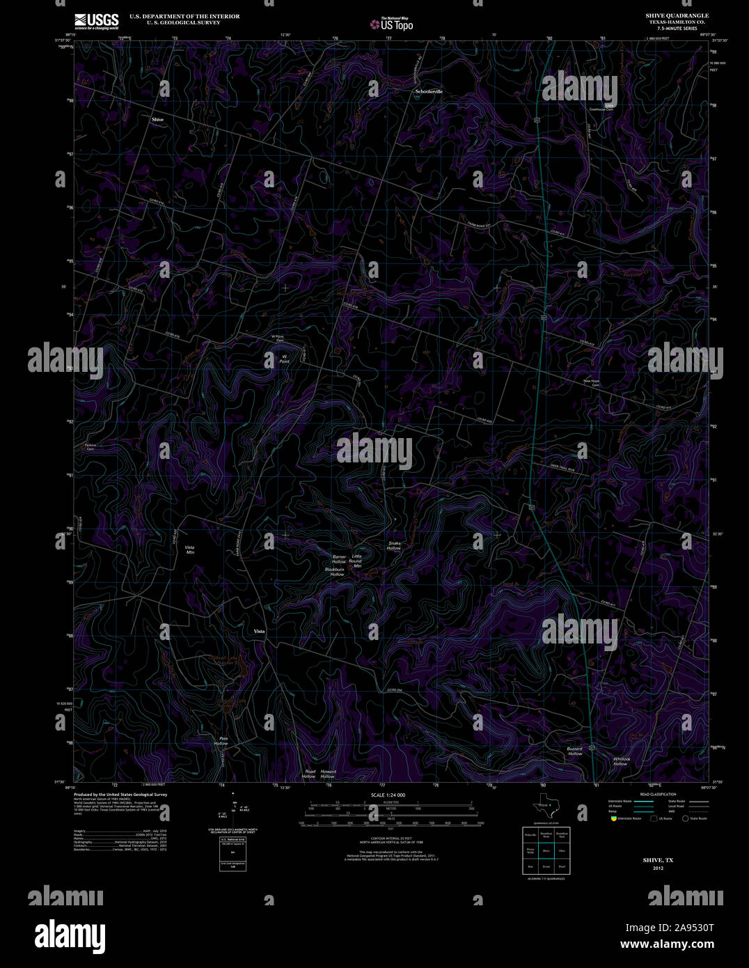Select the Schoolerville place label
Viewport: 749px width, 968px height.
tap(429, 91)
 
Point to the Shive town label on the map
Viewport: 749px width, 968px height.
tap(158, 120)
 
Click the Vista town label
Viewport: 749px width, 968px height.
tap(259, 631)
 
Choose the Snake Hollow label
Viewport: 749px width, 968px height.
tap(394, 545)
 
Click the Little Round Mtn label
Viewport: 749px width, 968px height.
tap(357, 561)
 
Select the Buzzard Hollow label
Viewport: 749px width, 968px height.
tap(574, 751)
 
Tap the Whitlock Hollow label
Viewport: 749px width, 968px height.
tap(621, 761)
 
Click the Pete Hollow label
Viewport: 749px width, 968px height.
tap(221, 741)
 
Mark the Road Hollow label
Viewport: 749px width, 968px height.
tap(309, 774)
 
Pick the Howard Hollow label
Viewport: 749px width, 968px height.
tap(328, 774)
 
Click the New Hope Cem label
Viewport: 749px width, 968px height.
tap(591, 383)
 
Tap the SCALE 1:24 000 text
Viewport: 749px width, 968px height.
tap(388, 795)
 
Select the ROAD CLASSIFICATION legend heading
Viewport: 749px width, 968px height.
tap(658, 795)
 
